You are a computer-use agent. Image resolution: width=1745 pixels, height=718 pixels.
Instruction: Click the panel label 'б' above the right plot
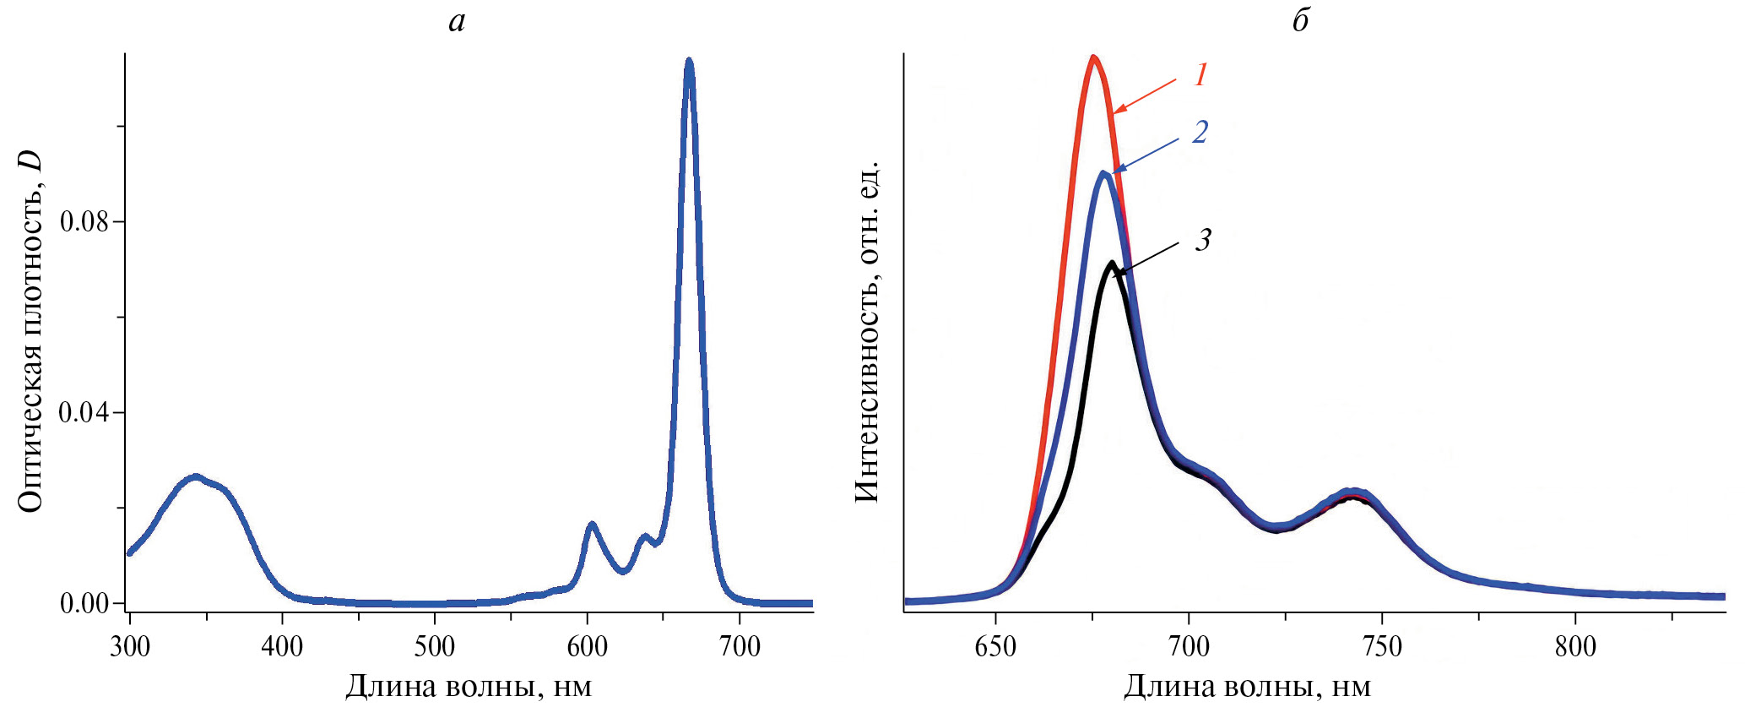coord(1300,21)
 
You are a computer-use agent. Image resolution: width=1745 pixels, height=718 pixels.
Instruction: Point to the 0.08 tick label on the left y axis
coord(84,222)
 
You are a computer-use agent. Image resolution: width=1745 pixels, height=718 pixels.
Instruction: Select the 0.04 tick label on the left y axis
coord(84,413)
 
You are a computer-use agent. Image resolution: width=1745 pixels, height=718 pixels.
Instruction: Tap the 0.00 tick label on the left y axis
coord(84,603)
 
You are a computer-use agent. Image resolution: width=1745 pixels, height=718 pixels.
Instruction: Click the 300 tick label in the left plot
coord(130,647)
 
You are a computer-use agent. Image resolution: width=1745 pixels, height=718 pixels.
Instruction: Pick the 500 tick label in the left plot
coord(435,647)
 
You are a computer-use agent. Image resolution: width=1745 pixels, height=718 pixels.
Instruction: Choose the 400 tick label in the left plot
coord(282,647)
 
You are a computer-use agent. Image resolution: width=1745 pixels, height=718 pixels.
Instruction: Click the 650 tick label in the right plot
coord(995,647)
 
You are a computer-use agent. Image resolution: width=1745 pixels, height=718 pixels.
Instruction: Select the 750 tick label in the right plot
coord(1382,647)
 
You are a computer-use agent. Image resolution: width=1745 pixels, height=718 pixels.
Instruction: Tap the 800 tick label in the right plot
coord(1575,647)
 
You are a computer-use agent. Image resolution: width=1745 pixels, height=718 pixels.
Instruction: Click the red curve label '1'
coord(1201,75)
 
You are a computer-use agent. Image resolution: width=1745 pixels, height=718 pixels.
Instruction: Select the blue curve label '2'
coord(1200,132)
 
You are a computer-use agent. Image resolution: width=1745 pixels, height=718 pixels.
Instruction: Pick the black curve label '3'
coord(1203,240)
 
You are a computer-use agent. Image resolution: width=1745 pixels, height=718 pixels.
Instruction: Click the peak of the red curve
coord(1094,57)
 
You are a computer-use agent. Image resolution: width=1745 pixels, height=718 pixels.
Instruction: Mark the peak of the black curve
coord(1112,263)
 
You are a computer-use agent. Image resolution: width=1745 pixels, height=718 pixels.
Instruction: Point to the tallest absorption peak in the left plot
coord(689,62)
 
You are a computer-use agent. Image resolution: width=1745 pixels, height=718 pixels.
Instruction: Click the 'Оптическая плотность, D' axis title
coord(30,331)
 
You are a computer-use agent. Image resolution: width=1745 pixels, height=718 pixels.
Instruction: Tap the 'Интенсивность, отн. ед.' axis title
coord(867,331)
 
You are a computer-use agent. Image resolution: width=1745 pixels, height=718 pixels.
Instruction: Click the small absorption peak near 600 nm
coord(592,525)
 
